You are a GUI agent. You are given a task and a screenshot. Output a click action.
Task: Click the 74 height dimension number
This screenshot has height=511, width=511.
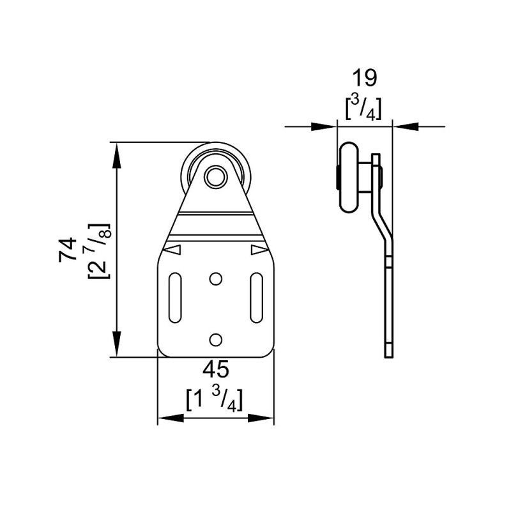(68, 250)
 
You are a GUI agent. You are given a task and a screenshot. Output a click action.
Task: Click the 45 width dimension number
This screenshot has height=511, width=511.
(216, 370)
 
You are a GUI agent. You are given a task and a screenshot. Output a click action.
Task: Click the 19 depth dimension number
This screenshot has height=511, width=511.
(364, 78)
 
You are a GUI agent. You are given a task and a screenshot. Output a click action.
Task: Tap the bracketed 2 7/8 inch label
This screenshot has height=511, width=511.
(100, 251)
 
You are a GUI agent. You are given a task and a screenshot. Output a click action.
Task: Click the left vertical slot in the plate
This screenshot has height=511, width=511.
(175, 298)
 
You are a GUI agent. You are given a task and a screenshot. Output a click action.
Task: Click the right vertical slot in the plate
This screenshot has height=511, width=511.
(257, 298)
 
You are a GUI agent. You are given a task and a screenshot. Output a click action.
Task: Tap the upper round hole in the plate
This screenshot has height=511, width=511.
(215, 279)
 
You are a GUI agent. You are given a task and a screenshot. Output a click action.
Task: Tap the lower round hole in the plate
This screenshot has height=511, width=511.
(215, 340)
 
